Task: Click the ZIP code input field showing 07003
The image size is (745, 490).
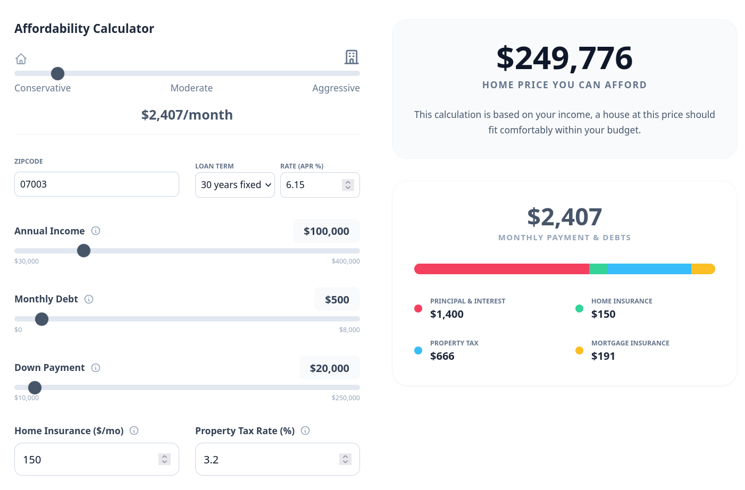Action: click(96, 184)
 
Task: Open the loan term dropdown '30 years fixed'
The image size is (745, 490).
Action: click(235, 185)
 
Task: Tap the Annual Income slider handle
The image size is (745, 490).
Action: click(83, 251)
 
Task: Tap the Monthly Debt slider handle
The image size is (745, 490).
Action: click(41, 319)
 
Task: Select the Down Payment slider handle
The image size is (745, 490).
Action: click(35, 387)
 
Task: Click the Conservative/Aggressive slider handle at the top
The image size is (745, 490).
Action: click(57, 73)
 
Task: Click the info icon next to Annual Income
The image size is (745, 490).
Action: click(96, 231)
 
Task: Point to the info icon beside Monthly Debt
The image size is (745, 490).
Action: click(89, 299)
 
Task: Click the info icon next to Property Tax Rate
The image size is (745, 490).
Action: click(305, 430)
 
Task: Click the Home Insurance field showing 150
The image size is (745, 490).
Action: click(88, 459)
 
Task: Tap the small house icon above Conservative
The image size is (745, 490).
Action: click(21, 58)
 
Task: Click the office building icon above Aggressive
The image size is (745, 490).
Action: click(351, 57)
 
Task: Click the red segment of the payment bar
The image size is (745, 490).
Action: click(501, 269)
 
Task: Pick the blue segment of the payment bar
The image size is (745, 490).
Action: click(649, 269)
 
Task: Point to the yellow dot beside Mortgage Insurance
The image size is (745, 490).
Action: click(579, 350)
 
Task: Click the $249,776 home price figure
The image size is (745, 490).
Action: click(564, 58)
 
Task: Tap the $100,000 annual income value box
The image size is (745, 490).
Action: click(326, 231)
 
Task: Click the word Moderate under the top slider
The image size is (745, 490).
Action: click(191, 88)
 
